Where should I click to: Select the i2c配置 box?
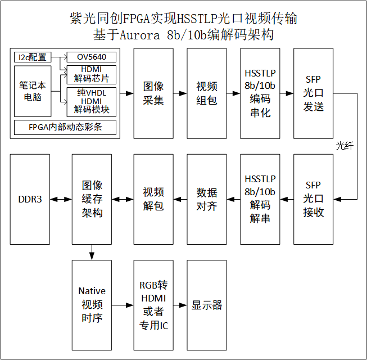[33, 57]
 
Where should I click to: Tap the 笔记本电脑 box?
[33, 91]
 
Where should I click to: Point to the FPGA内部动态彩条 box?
[65, 127]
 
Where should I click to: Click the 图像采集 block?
[153, 93]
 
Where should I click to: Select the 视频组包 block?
[206, 93]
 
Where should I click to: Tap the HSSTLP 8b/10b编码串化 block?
[260, 93]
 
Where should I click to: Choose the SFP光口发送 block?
[313, 93]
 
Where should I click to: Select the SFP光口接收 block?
[313, 199]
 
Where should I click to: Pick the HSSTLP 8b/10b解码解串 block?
[260, 199]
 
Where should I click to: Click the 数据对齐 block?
[206, 199]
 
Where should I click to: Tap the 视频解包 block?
[153, 199]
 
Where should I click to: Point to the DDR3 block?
[30, 199]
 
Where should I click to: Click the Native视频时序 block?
[92, 305]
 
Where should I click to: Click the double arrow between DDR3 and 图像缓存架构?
[61, 199]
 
